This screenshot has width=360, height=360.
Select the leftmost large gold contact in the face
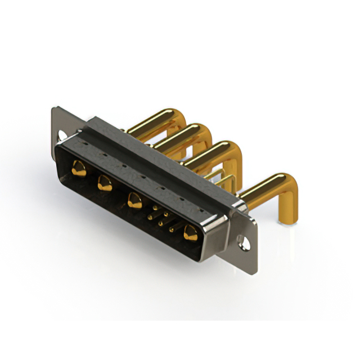(79, 169)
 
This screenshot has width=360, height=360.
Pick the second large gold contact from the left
(105, 183)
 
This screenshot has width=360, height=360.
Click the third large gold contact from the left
(134, 200)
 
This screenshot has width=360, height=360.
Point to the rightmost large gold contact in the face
(190, 232)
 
